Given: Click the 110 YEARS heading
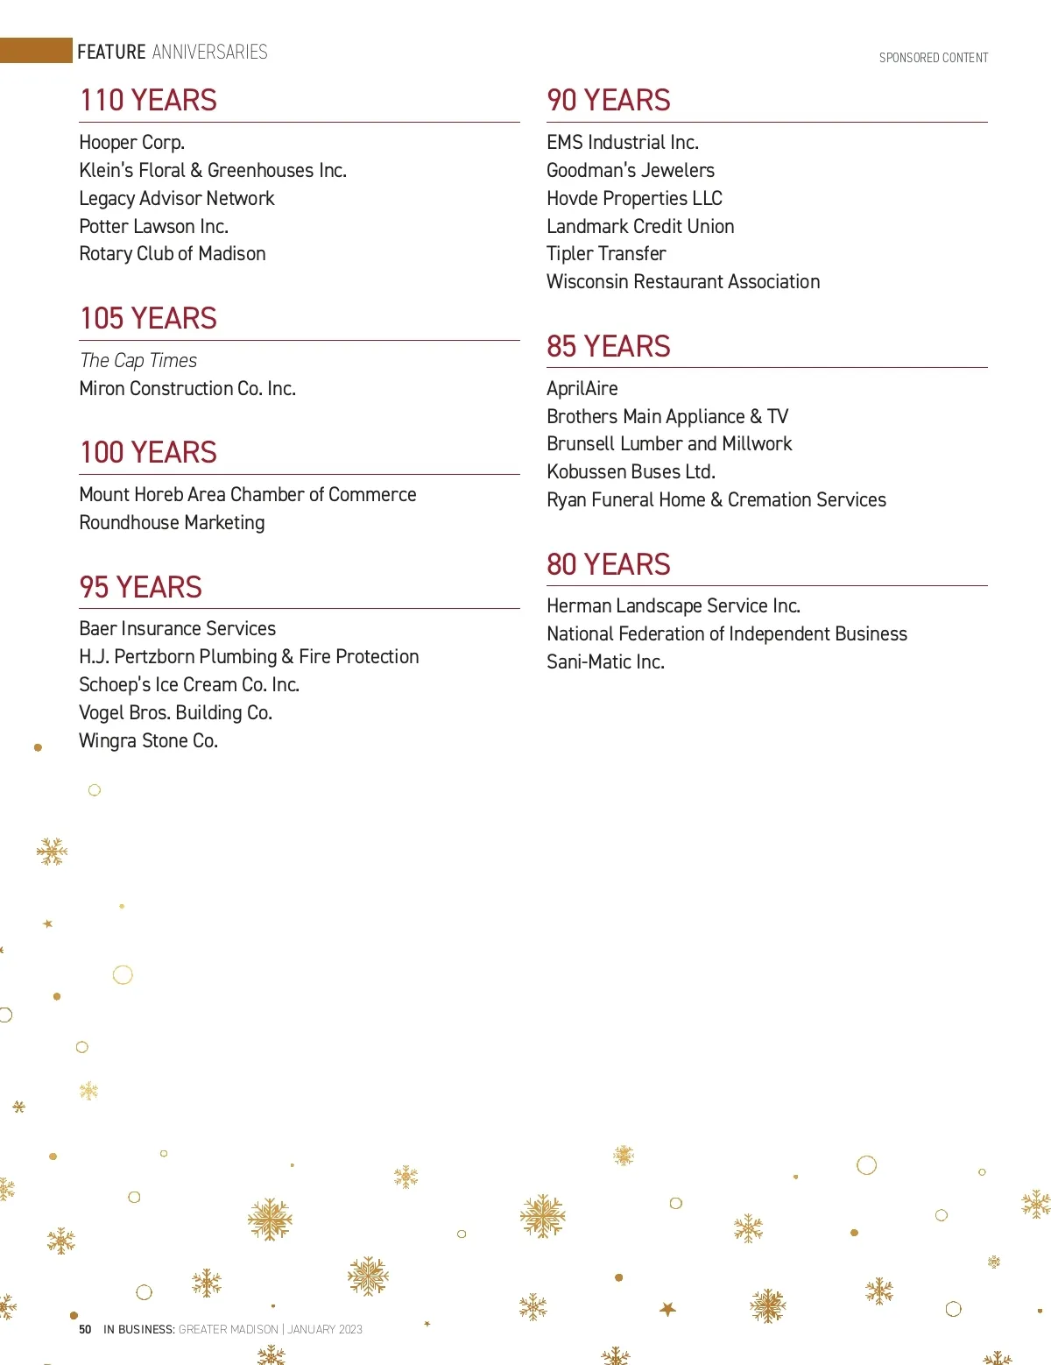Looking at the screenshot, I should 148,101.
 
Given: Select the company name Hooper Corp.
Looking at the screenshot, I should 131,143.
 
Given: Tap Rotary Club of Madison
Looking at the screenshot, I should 172,254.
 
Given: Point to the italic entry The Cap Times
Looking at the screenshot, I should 138,361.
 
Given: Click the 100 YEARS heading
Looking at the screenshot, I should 148,453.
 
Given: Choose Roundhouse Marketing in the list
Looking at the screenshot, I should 172,523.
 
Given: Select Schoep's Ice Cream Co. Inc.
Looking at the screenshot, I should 189,685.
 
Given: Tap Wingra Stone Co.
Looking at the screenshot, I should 148,741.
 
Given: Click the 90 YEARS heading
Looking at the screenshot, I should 608,101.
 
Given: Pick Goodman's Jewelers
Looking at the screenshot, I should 630,171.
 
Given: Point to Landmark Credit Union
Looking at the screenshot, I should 640,227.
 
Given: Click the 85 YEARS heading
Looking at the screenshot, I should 608,347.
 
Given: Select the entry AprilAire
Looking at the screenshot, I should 582,389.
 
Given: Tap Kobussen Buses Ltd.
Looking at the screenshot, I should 631,472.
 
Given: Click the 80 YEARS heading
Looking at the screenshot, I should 608,565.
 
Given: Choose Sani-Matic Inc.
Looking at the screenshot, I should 605,662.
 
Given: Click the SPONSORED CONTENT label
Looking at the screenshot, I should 934,58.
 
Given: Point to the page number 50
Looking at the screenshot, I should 85,1329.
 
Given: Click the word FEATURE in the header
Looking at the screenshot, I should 111,53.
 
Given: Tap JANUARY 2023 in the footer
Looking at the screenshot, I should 325,1329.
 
